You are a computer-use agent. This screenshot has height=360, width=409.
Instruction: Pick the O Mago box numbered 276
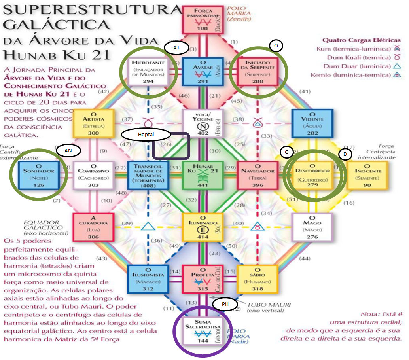(x=312, y=227)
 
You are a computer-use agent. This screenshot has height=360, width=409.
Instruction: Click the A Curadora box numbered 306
(x=94, y=227)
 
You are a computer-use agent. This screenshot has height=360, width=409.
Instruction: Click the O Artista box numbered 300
(x=94, y=123)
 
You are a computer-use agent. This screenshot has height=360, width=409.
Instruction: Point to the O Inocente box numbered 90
(x=367, y=175)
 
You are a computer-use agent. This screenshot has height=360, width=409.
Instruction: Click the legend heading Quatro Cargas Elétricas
(x=361, y=40)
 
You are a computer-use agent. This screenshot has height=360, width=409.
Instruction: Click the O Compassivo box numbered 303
(x=94, y=175)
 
